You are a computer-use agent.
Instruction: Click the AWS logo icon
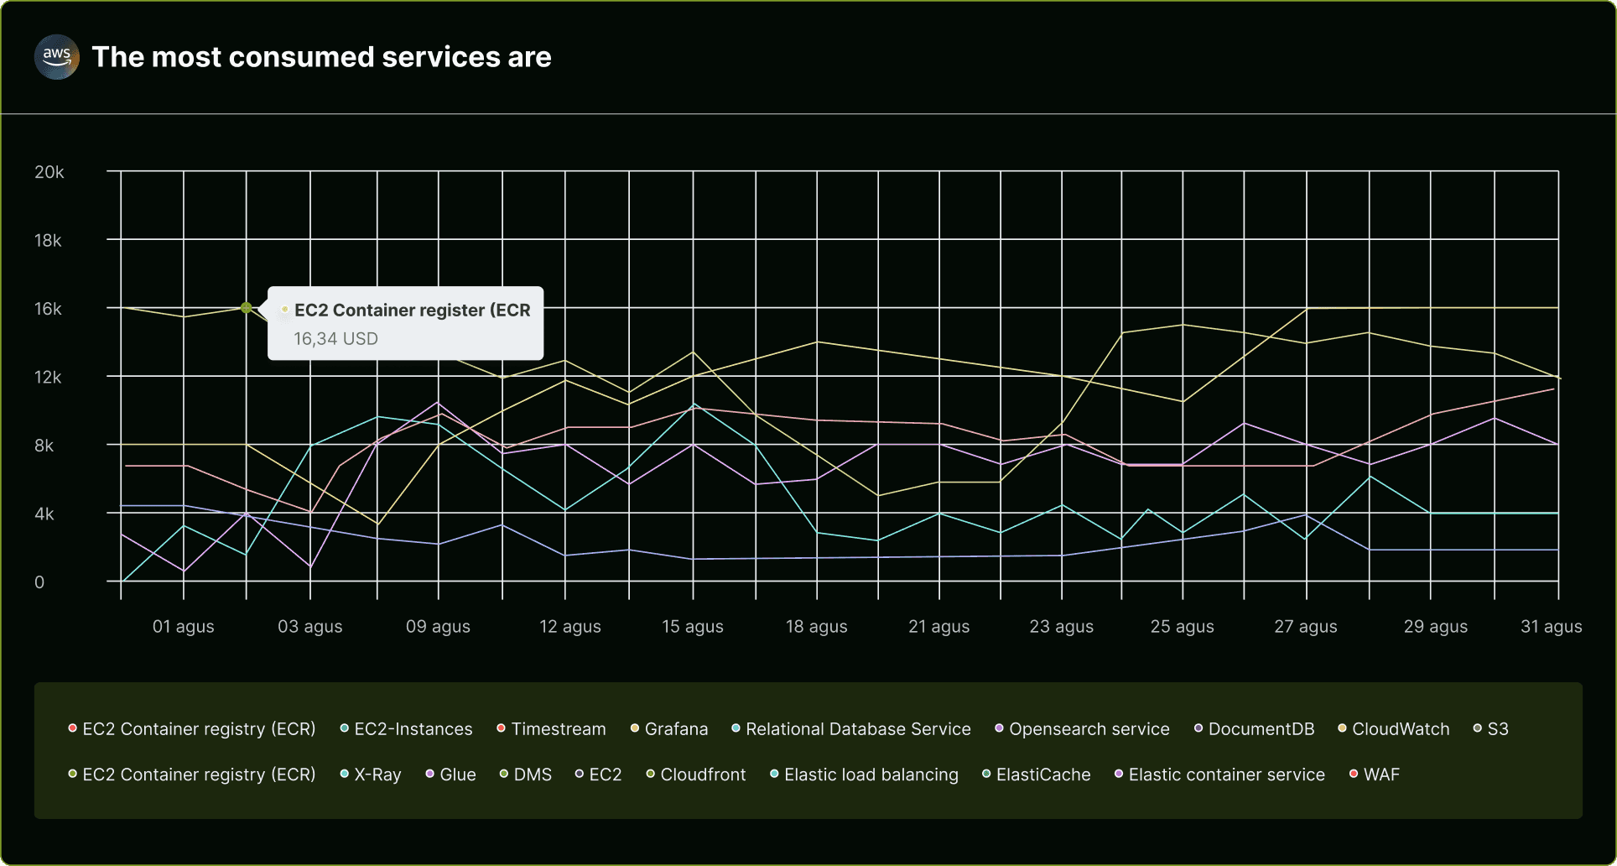[56, 57]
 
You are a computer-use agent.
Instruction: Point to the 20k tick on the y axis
[49, 172]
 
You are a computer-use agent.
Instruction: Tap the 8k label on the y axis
[44, 446]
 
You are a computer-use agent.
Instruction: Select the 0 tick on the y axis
[39, 582]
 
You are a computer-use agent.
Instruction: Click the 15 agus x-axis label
[692, 627]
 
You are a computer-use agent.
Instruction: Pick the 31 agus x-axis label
[1551, 627]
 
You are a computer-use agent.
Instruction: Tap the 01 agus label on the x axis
[183, 627]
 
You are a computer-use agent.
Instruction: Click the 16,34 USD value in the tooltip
[335, 339]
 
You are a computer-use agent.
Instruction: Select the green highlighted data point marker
[246, 308]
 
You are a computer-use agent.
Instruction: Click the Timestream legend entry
[558, 729]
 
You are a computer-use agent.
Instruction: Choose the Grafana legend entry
[675, 729]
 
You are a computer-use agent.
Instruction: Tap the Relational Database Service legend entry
[857, 729]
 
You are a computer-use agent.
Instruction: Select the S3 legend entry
[1497, 729]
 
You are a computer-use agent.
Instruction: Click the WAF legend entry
[1380, 775]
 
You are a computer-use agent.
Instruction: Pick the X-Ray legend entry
[377, 775]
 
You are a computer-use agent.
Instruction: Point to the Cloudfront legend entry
[702, 775]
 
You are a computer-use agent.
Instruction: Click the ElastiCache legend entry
[1042, 775]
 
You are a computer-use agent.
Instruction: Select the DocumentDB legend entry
[1261, 729]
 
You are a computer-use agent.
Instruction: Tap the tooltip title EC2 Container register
[412, 310]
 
